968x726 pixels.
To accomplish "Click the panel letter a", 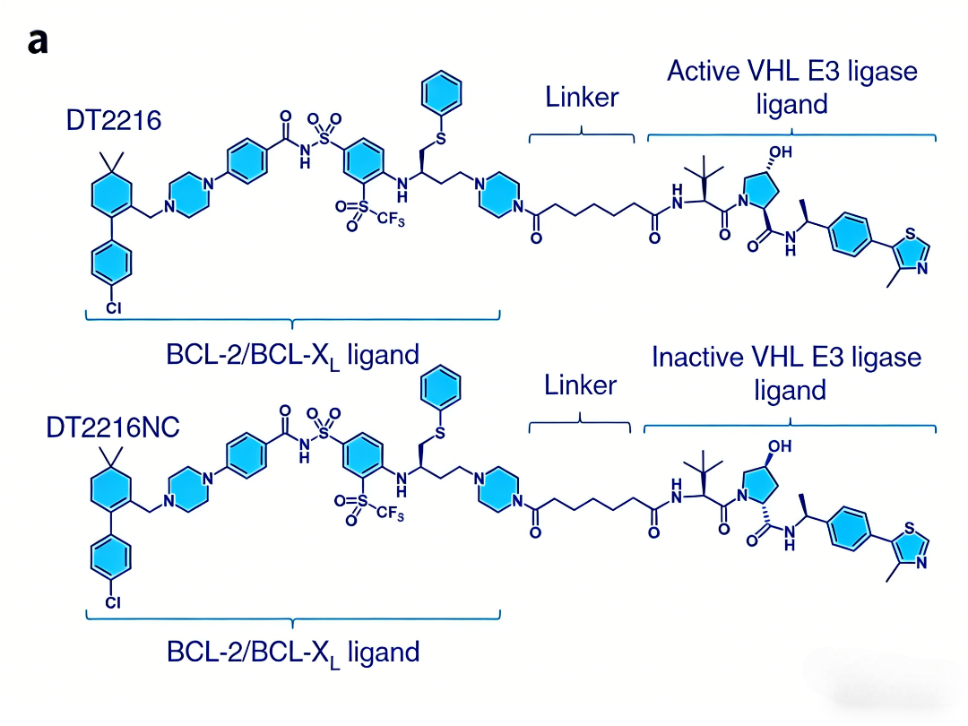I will coord(37,40).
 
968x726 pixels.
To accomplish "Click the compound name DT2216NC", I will coord(113,428).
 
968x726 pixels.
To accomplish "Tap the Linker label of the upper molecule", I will coord(582,97).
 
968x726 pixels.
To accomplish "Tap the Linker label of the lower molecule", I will coord(581,385).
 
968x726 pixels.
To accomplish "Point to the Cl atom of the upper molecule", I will coord(113,308).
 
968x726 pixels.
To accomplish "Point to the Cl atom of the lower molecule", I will coord(113,602).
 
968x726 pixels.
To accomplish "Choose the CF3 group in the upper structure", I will coord(392,220).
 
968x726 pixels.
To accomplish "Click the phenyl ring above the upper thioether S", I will coord(441,93).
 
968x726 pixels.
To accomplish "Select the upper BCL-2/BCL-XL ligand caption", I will coord(292,355).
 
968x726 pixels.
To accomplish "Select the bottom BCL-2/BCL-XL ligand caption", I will coord(292,652).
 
